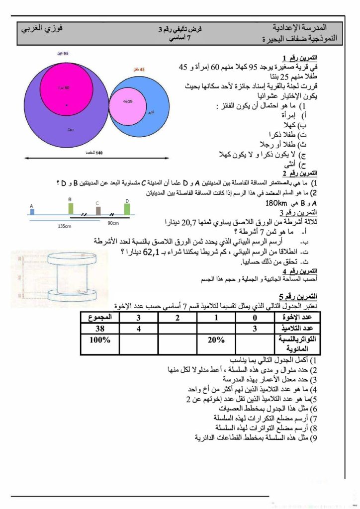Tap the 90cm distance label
[x=113, y=223]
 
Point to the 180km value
[x=277, y=203]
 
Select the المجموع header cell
[x=100, y=317]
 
